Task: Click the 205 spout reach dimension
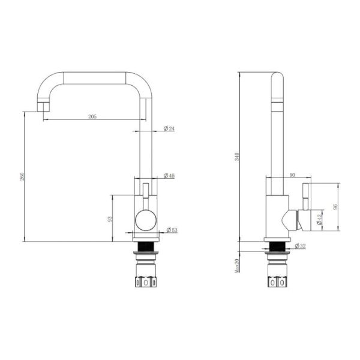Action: tap(92, 116)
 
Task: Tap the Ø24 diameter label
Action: tap(169, 128)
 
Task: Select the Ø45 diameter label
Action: tap(169, 176)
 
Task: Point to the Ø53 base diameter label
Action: tap(172, 230)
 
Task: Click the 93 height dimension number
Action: tap(110, 219)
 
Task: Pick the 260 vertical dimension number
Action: tap(22, 176)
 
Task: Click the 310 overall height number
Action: tap(237, 157)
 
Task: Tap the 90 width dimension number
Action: tap(292, 175)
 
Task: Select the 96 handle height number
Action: tap(335, 206)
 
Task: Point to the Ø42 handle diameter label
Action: tap(319, 220)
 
